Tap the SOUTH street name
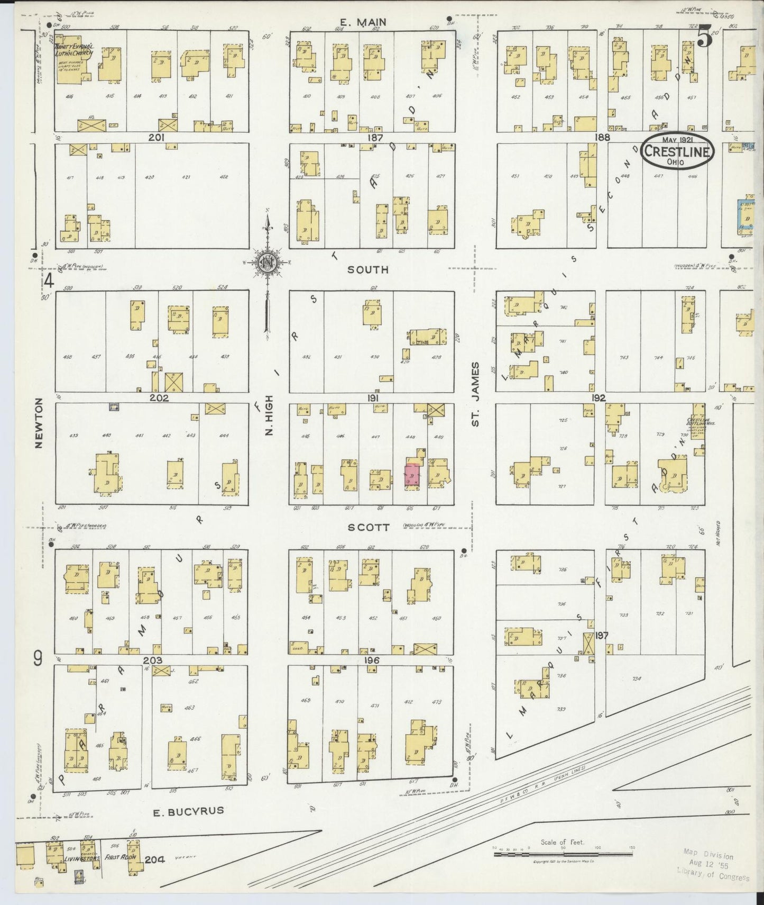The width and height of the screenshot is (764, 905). pos(367,270)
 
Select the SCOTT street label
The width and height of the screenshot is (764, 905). pos(369,528)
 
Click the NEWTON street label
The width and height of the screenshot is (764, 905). pos(38,423)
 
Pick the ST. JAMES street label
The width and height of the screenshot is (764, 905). pos(475,394)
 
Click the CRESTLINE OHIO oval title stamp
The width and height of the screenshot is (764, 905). pos(677,151)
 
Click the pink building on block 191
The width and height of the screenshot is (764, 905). pos(412,475)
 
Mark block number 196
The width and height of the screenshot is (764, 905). pos(372,660)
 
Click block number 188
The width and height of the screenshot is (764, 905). pos(602,137)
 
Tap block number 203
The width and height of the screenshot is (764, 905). pos(152,660)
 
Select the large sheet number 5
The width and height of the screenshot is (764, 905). pos(704,38)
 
